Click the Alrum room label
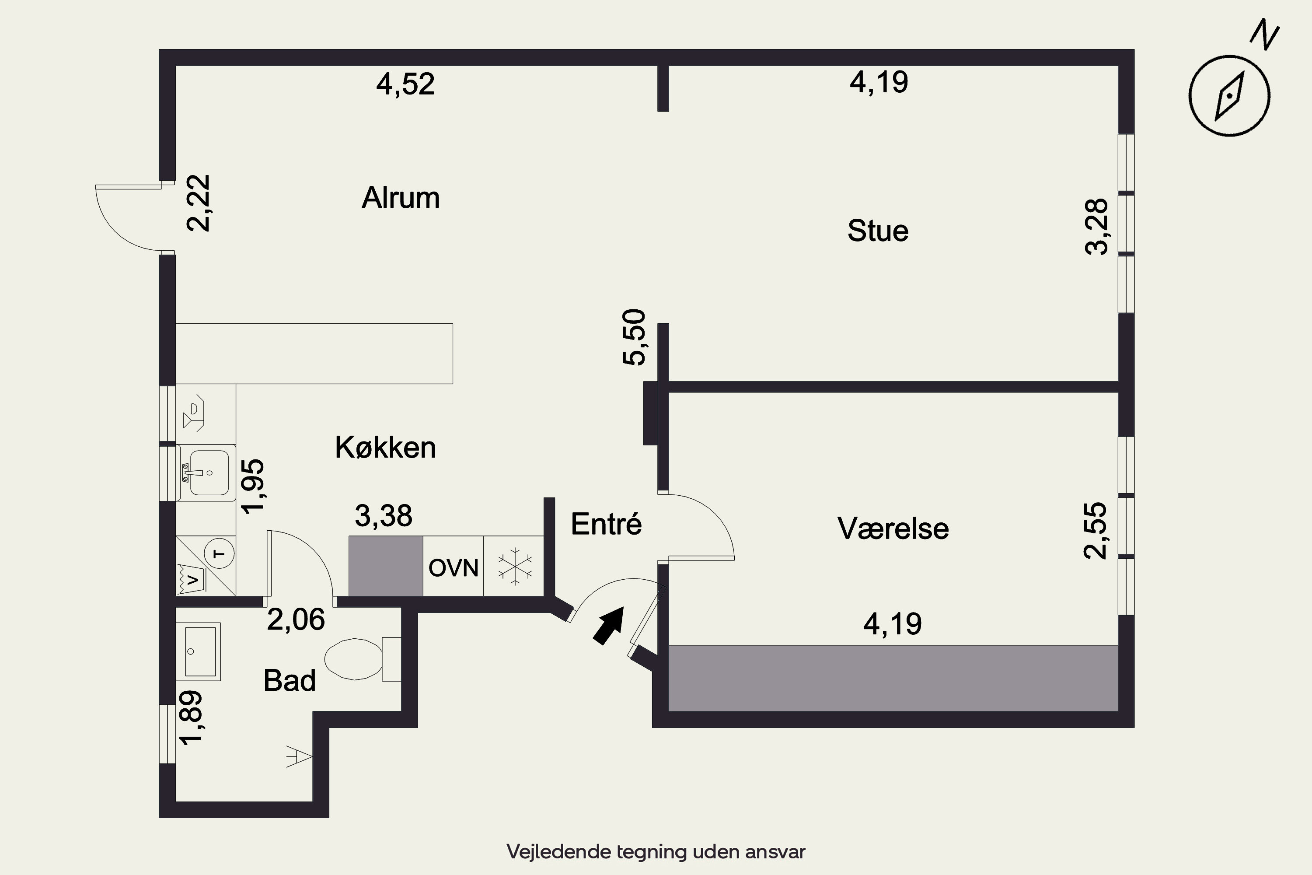pos(401,198)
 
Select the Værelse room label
pos(893,528)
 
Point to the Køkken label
pos(385,448)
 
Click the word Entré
pos(606,524)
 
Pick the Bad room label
pos(290,681)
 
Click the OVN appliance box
pos(453,568)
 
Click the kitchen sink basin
pos(209,472)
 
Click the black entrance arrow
pos(608,625)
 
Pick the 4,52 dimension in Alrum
pos(405,85)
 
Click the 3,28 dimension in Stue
pos(1097,227)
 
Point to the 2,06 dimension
pos(296,620)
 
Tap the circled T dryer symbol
pos(220,553)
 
